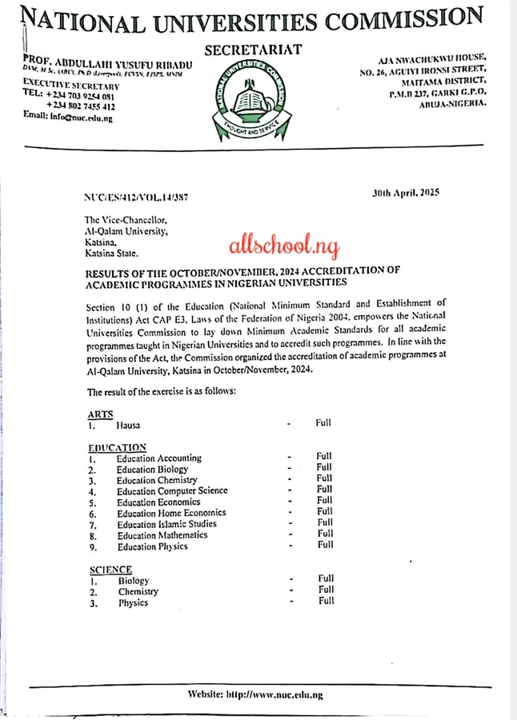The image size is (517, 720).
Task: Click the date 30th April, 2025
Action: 407,193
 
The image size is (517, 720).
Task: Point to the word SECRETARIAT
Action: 253,50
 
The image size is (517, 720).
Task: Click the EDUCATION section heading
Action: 117,447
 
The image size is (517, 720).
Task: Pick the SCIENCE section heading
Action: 110,569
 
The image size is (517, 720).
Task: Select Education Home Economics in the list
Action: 171,513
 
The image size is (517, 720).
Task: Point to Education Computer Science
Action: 172,490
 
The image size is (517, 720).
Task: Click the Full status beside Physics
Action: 326,601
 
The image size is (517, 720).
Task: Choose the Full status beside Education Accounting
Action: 323,456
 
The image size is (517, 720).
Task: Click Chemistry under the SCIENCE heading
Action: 138,592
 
